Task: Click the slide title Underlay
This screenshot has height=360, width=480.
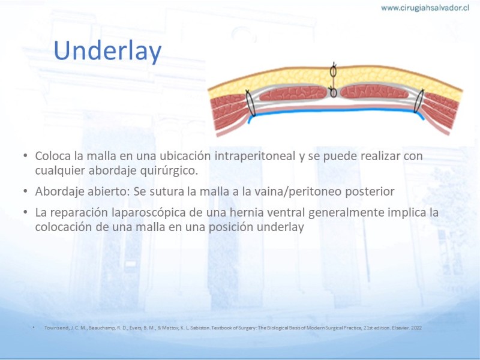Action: (107, 51)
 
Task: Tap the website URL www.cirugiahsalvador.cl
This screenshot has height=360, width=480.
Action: (425, 8)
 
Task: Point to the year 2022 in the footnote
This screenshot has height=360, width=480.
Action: (416, 328)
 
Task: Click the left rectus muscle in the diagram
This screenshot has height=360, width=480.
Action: (293, 94)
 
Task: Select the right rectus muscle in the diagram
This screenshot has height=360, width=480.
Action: (374, 92)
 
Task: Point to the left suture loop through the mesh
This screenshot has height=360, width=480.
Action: (250, 103)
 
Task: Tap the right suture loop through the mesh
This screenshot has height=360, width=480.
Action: (419, 101)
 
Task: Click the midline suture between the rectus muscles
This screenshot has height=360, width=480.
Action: (334, 80)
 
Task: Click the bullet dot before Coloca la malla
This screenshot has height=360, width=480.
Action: (25, 156)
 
